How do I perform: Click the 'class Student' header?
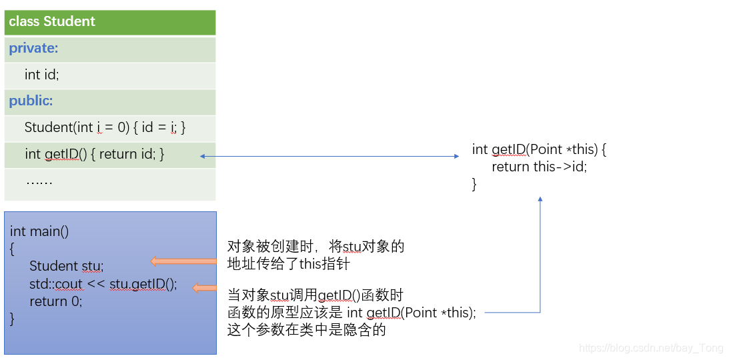[52, 21]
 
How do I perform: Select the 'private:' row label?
[33, 48]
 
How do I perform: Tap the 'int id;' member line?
[41, 75]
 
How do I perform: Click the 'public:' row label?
[31, 101]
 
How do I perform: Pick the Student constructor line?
[105, 127]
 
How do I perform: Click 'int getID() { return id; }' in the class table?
[94, 154]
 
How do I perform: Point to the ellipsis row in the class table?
[39, 181]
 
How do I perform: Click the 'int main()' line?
[39, 231]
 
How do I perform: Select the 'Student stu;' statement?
[67, 266]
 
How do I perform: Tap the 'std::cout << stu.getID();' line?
[103, 284]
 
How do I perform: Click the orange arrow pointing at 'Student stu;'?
[183, 261]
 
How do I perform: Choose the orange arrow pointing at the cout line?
[205, 288]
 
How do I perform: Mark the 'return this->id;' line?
[539, 167]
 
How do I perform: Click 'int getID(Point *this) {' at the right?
[539, 149]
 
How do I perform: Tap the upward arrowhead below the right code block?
[540, 199]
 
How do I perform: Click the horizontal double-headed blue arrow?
[329, 156]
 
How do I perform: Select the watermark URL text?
[651, 348]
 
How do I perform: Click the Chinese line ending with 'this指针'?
[288, 264]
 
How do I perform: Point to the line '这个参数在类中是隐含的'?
[307, 329]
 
